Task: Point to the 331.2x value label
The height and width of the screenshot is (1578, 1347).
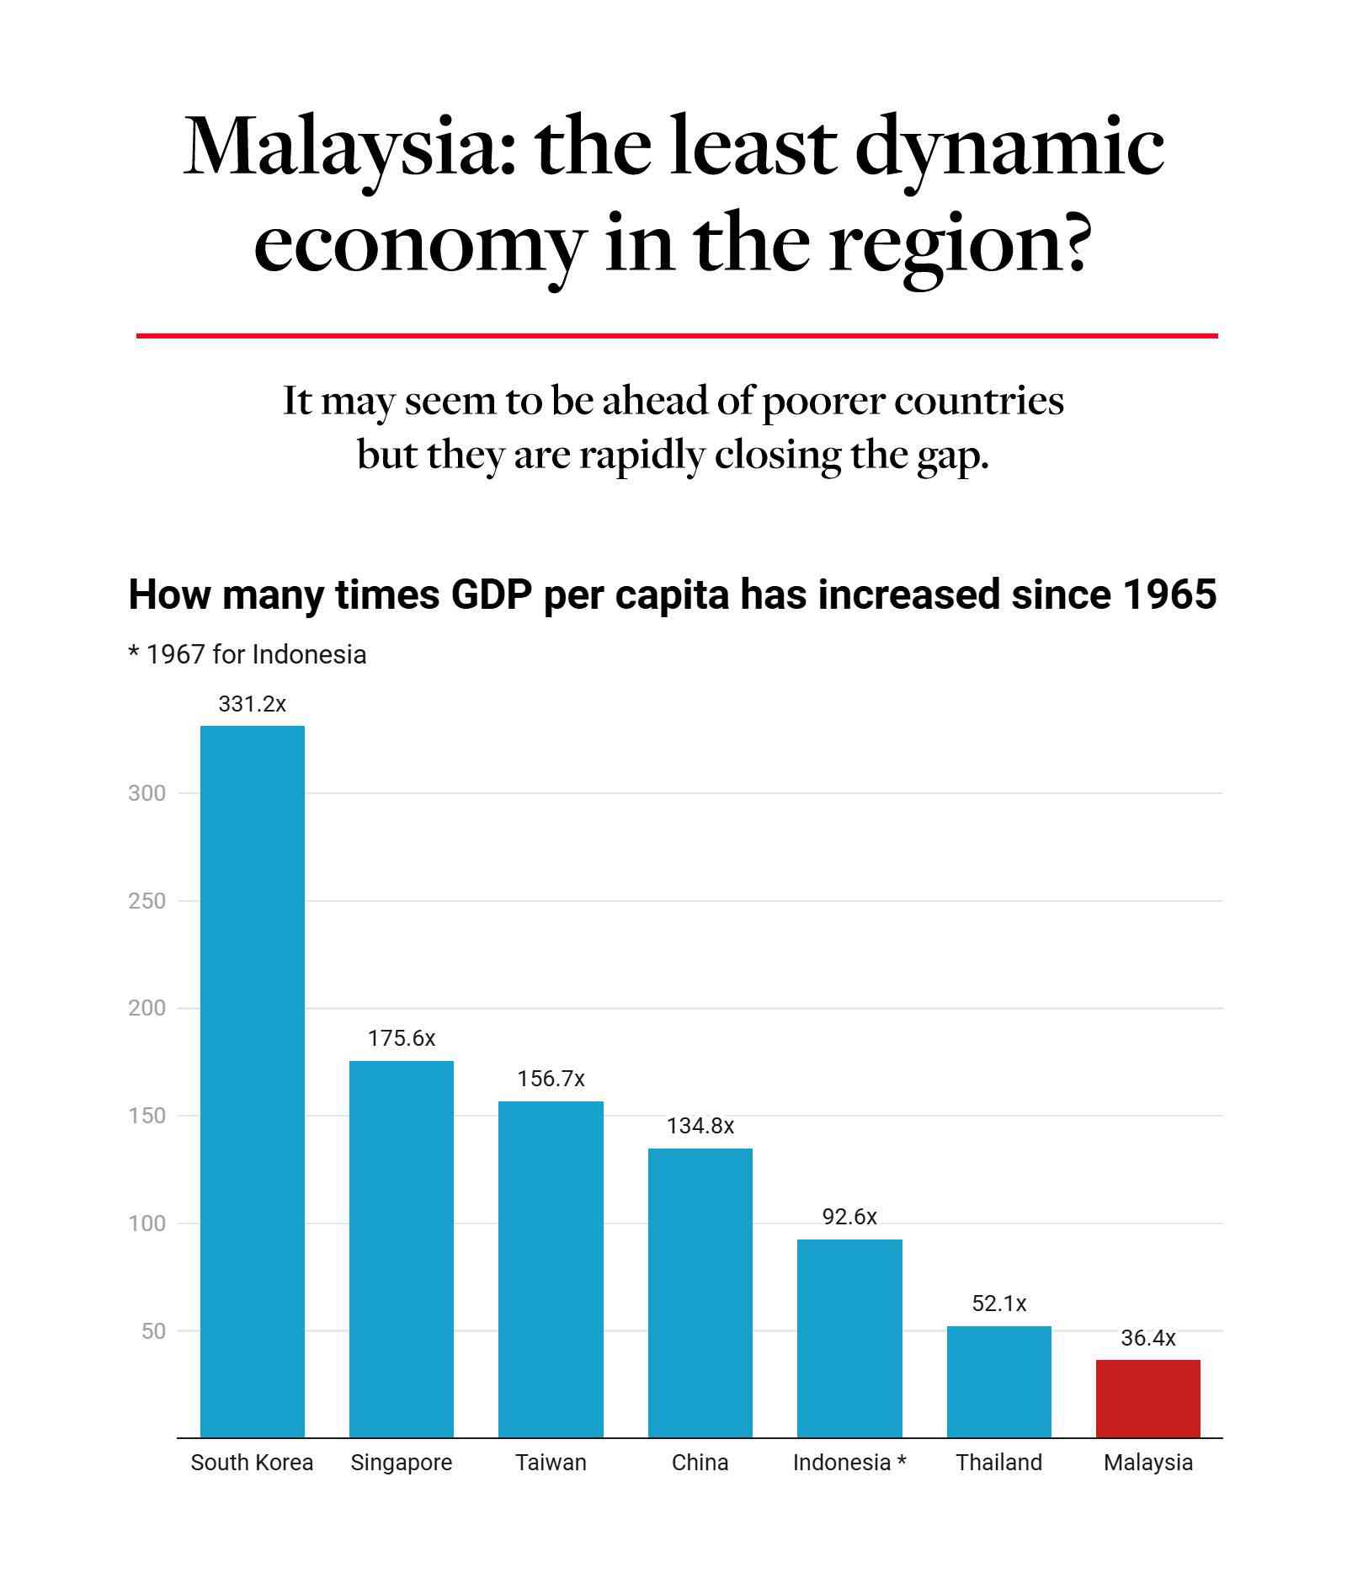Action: pyautogui.click(x=252, y=704)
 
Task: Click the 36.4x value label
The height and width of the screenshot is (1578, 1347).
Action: pyautogui.click(x=1147, y=1338)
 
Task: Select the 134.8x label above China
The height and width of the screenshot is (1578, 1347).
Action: pyautogui.click(x=700, y=1126)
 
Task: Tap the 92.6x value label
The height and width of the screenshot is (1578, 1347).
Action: pyautogui.click(x=849, y=1217)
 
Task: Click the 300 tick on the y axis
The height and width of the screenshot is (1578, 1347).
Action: pyautogui.click(x=146, y=793)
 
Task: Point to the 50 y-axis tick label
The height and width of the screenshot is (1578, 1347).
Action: pyautogui.click(x=153, y=1331)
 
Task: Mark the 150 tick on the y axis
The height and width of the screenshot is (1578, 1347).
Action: pyautogui.click(x=146, y=1116)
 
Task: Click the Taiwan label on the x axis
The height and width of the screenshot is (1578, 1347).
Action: pyautogui.click(x=551, y=1463)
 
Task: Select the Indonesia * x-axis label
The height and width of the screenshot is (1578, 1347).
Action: pyautogui.click(x=849, y=1463)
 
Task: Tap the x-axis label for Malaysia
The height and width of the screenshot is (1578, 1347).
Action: pyautogui.click(x=1147, y=1463)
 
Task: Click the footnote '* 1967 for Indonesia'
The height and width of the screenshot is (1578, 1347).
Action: pyautogui.click(x=248, y=654)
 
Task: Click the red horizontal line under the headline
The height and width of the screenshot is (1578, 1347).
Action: pyautogui.click(x=677, y=336)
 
